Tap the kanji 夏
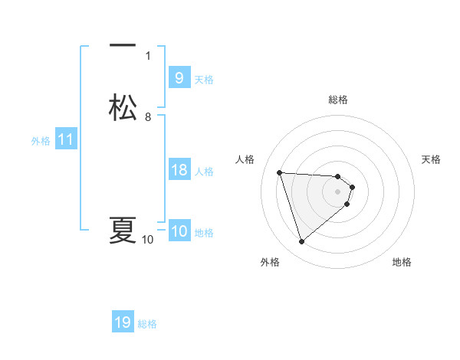(123, 230)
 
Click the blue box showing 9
(179, 78)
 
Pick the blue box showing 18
(179, 170)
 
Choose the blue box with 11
(66, 140)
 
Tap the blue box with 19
(123, 322)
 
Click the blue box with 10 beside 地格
(179, 232)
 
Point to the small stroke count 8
(148, 116)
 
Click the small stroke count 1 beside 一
(148, 55)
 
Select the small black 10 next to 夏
(148, 240)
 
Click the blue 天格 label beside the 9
(204, 79)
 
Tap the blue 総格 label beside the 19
(147, 324)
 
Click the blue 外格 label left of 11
(41, 141)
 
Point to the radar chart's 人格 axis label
(245, 159)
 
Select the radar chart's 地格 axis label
(402, 262)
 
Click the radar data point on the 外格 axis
(302, 242)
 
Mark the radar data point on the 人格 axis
(280, 172)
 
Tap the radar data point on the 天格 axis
(352, 187)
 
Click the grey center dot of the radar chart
(338, 191)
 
